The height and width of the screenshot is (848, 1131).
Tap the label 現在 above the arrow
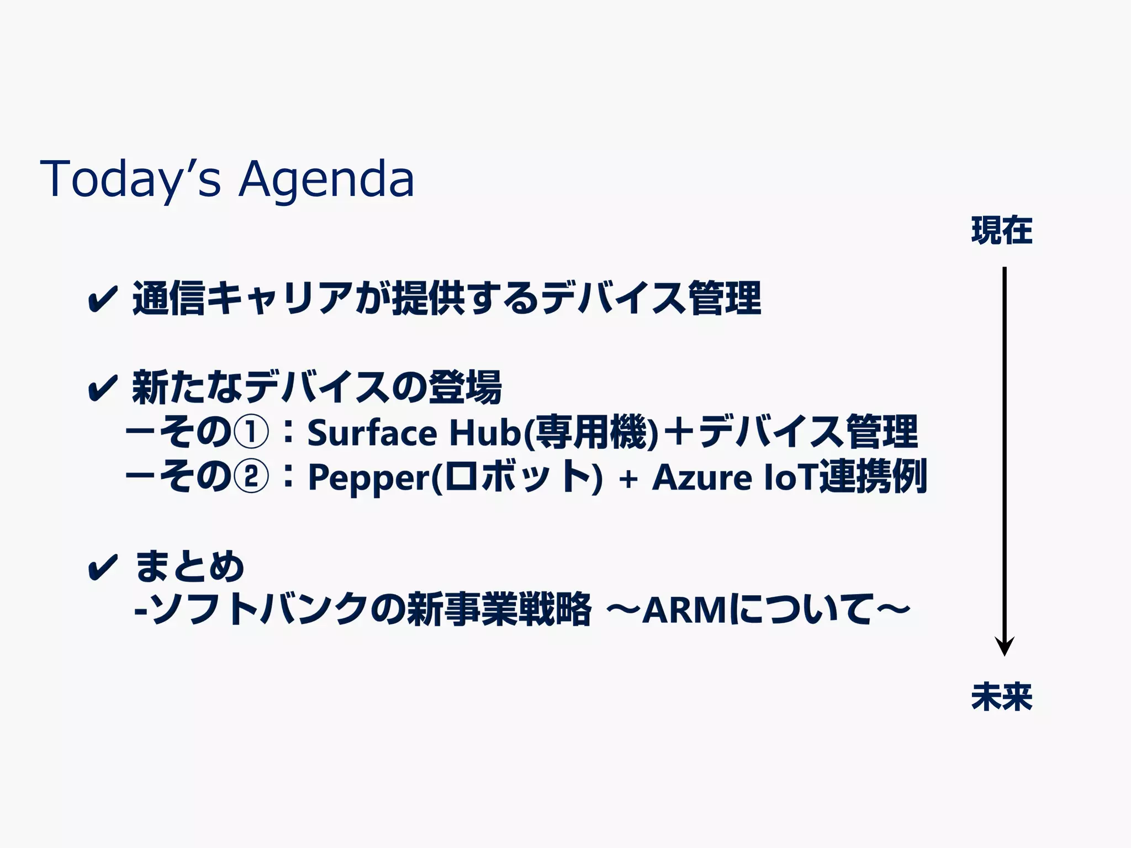pyautogui.click(x=1002, y=231)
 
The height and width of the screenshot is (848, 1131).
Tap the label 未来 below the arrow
pyautogui.click(x=1002, y=697)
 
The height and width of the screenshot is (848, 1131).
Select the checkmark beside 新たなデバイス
pyautogui.click(x=103, y=388)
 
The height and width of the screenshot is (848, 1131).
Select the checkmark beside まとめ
pyautogui.click(x=103, y=567)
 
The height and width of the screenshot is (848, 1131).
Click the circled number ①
pyautogui.click(x=251, y=432)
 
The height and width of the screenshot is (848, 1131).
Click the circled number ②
pyautogui.click(x=251, y=476)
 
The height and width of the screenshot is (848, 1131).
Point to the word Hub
pyautogui.click(x=484, y=433)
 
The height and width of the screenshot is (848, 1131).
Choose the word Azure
pyautogui.click(x=701, y=477)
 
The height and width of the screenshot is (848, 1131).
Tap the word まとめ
pyautogui.click(x=189, y=567)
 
